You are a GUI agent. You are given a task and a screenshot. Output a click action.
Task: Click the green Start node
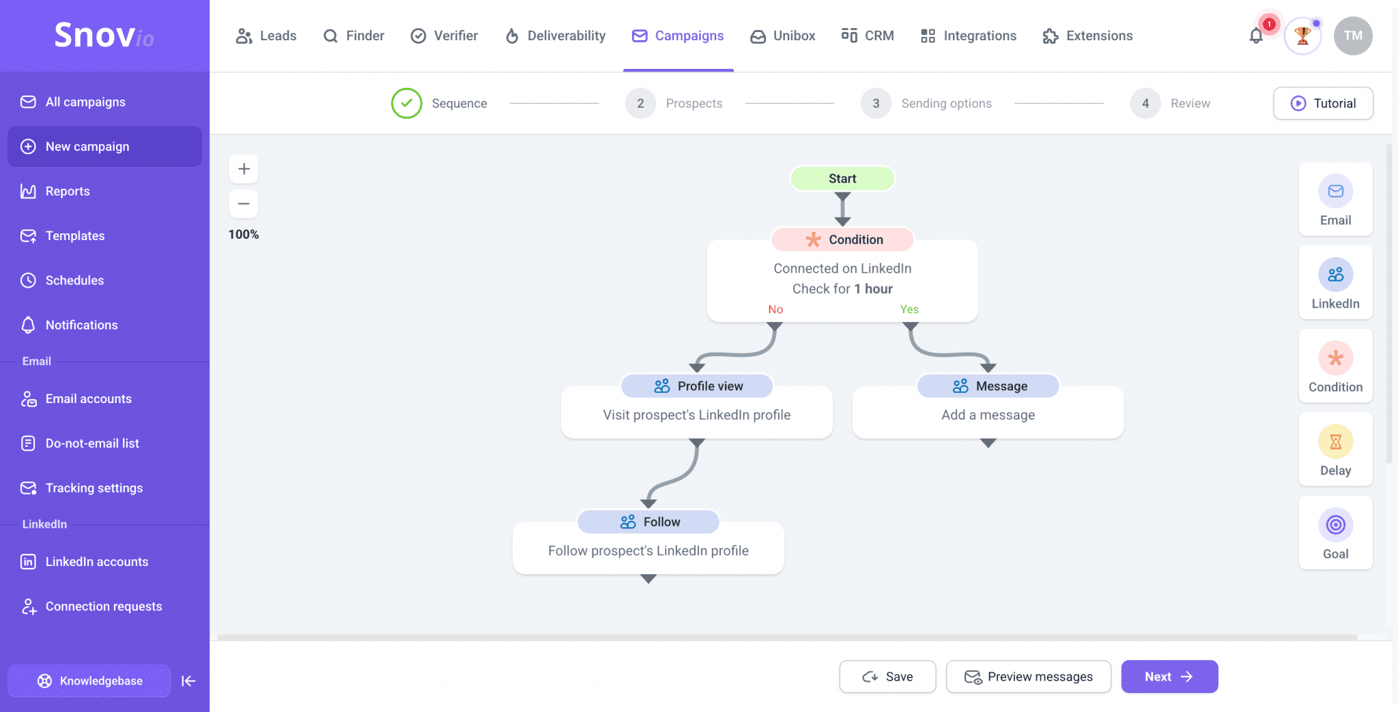pyautogui.click(x=842, y=179)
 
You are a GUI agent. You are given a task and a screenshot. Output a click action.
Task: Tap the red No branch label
pyautogui.click(x=775, y=310)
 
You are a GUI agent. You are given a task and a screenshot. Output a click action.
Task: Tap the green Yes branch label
pyautogui.click(x=909, y=310)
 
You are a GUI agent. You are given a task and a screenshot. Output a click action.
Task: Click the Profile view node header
pyautogui.click(x=697, y=386)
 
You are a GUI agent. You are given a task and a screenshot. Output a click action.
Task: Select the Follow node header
pyautogui.click(x=648, y=522)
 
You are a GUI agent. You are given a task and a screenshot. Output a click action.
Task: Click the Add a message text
pyautogui.click(x=988, y=415)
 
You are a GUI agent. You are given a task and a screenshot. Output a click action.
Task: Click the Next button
pyautogui.click(x=1169, y=677)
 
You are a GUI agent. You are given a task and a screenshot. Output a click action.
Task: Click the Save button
pyautogui.click(x=887, y=677)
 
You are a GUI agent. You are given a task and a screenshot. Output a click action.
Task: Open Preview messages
pyautogui.click(x=1028, y=677)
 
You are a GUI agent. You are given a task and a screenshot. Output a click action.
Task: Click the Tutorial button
pyautogui.click(x=1322, y=104)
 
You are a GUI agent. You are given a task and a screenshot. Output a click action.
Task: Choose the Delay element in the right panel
pyautogui.click(x=1335, y=450)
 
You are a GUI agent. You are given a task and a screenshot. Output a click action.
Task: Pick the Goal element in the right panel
pyautogui.click(x=1335, y=533)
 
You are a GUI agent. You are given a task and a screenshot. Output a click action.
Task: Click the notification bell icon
pyautogui.click(x=1256, y=36)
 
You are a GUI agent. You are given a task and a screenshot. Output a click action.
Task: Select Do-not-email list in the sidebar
pyautogui.click(x=92, y=443)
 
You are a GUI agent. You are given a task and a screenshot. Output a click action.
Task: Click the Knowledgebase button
pyautogui.click(x=89, y=681)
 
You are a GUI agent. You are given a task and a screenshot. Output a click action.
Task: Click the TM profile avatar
pyautogui.click(x=1352, y=36)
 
